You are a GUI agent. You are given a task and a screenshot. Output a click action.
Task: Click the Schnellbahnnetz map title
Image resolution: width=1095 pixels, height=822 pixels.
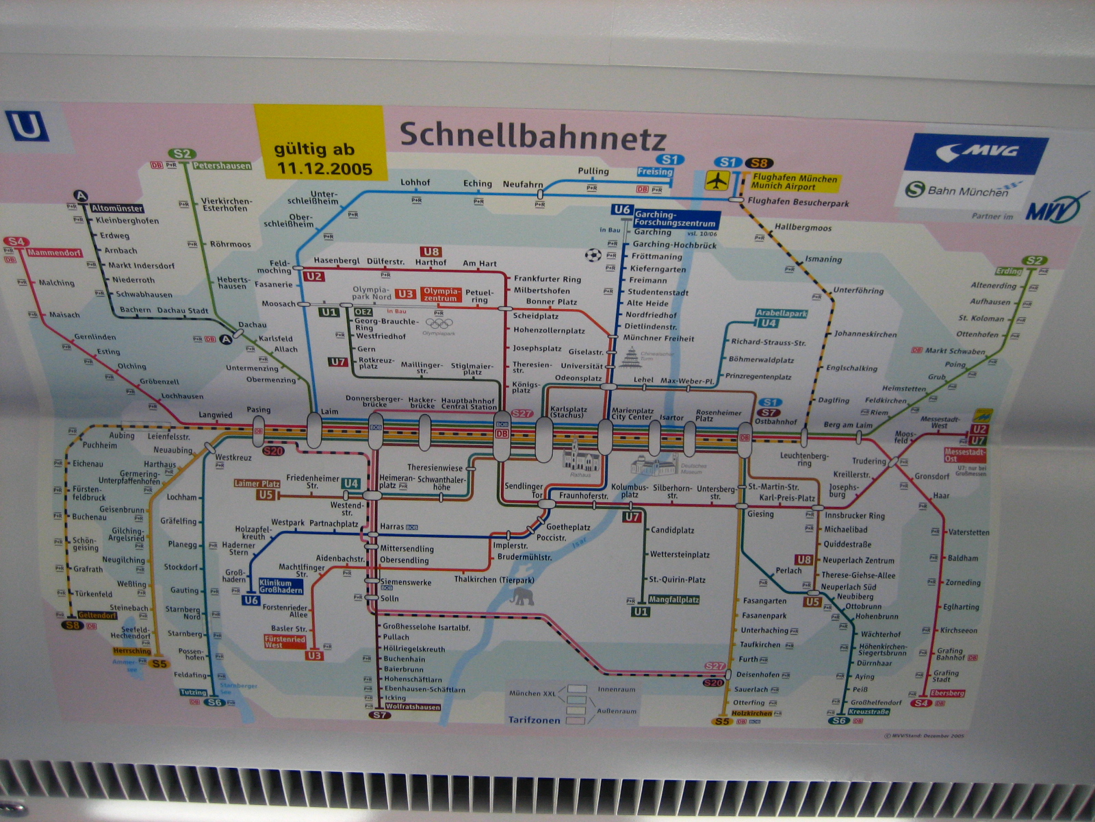point(532,136)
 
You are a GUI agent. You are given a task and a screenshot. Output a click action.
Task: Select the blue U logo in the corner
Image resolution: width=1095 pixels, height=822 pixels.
point(28,127)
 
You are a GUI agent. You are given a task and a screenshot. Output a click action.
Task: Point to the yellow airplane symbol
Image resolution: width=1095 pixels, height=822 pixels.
point(717,181)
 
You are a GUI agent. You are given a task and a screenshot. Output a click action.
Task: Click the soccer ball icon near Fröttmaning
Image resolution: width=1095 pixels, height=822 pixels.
point(593,256)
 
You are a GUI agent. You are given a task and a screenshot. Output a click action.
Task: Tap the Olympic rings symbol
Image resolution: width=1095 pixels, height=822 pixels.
point(439,323)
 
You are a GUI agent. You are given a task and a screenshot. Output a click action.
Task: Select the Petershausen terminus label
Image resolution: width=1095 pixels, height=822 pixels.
point(222,166)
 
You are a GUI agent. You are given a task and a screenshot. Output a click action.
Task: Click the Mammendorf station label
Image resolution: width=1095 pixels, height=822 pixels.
point(54,253)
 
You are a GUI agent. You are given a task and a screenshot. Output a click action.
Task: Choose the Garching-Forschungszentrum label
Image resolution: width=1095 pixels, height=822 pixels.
point(675,219)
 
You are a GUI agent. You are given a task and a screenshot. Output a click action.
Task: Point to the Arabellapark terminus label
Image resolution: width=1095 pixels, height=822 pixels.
point(782,313)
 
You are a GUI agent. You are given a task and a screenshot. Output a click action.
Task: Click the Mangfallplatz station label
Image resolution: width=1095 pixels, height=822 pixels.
point(674,599)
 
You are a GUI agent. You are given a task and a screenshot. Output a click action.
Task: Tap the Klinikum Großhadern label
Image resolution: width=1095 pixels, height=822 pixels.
point(281,586)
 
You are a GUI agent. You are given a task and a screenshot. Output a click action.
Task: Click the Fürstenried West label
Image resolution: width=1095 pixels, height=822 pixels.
point(285,641)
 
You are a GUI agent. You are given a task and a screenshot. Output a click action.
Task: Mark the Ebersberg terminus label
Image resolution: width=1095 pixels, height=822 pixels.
point(947,693)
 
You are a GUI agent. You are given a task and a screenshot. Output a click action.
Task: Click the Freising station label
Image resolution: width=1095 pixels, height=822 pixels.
point(655,172)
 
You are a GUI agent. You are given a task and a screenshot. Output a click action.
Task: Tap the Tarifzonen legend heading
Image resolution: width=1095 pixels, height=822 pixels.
point(534,720)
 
